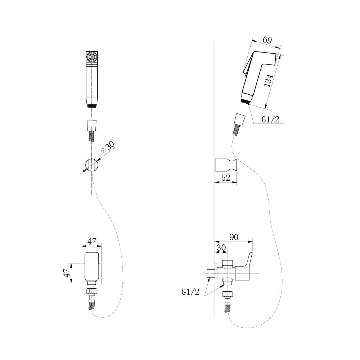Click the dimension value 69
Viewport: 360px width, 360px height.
point(267,40)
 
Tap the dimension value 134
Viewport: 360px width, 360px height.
point(268,80)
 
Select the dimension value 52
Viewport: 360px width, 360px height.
point(225,177)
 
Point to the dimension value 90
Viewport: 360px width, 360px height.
point(234,237)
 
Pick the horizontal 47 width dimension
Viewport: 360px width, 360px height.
point(91,242)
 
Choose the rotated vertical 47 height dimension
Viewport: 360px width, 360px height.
point(67,273)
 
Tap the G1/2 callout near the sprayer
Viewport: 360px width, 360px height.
point(270,119)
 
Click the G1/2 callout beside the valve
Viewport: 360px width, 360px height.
point(190,292)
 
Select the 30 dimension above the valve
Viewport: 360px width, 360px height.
point(221,248)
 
